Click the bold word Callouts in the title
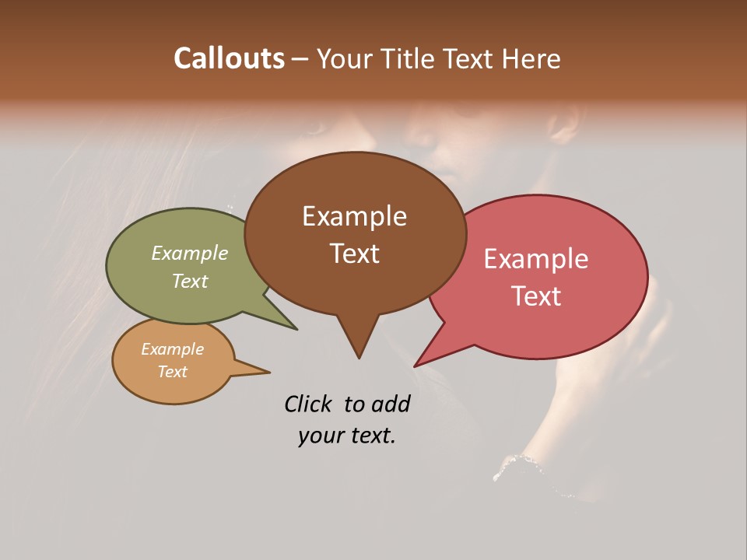229,58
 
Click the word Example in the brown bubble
354,216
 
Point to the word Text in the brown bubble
354,254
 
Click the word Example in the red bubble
536,259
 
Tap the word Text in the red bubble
536,296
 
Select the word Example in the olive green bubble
190,254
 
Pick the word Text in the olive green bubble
190,281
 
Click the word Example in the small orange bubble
173,349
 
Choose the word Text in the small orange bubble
173,372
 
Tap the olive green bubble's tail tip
296,328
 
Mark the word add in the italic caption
391,404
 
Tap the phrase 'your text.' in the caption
347,436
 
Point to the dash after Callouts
300,59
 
